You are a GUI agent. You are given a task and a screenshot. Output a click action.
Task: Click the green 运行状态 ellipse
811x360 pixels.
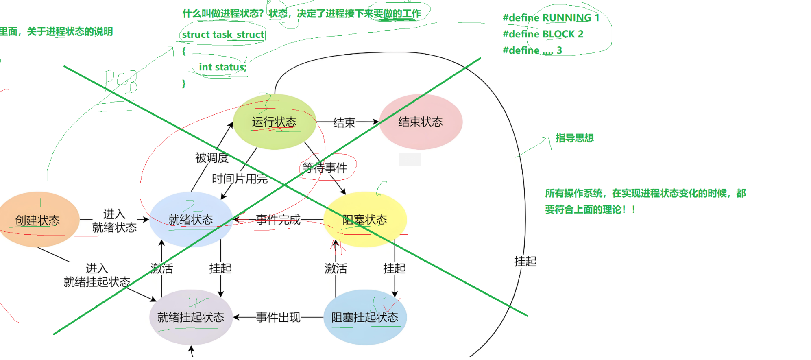click(x=275, y=122)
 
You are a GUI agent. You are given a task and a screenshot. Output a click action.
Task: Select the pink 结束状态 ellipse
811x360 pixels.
click(x=421, y=122)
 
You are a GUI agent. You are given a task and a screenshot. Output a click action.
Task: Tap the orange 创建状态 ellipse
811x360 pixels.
click(x=38, y=220)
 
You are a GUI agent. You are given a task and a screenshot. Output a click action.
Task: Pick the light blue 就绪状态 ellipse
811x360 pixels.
click(x=191, y=220)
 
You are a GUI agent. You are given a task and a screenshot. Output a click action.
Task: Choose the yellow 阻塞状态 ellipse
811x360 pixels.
click(x=365, y=220)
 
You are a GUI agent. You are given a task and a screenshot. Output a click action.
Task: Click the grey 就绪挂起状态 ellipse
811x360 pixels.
click(x=191, y=317)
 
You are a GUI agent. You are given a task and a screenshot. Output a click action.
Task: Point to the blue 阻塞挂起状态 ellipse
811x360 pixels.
click(x=365, y=317)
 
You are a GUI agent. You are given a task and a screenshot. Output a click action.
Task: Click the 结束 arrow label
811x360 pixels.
click(x=344, y=122)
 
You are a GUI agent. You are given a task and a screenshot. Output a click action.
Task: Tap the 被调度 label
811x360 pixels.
click(x=211, y=158)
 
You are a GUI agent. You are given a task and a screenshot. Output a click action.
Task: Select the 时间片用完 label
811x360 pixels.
click(x=240, y=179)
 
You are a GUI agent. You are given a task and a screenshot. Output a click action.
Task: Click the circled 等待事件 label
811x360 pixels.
click(x=325, y=168)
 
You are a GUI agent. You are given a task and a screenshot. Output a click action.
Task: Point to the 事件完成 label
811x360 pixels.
click(x=278, y=220)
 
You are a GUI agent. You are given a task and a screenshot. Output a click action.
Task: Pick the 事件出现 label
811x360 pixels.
click(x=278, y=317)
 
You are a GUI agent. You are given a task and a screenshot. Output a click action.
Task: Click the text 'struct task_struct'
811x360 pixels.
click(x=223, y=35)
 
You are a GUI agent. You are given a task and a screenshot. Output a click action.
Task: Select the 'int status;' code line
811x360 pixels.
click(x=222, y=67)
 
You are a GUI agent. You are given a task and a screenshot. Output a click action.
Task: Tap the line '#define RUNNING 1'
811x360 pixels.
click(x=551, y=17)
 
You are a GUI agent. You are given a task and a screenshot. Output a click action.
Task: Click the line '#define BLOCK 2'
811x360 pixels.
click(x=543, y=34)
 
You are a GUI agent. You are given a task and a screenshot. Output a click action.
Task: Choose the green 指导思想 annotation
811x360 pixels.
click(x=574, y=138)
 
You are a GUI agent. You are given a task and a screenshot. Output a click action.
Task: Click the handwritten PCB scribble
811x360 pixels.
click(x=120, y=83)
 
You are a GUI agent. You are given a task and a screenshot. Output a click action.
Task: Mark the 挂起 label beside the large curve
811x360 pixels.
click(x=525, y=261)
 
